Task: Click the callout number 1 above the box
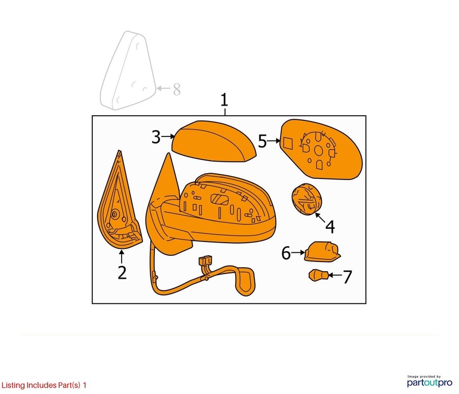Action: pyautogui.click(x=224, y=100)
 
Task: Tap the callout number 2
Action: pyautogui.click(x=122, y=272)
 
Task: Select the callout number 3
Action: pyautogui.click(x=156, y=136)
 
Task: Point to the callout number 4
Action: pyautogui.click(x=330, y=227)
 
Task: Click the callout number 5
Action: pyautogui.click(x=262, y=141)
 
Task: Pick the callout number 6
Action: pyautogui.click(x=286, y=253)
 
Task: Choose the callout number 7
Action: pyautogui.click(x=347, y=276)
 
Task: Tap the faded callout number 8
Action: pyautogui.click(x=177, y=89)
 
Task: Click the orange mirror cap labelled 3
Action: pyautogui.click(x=213, y=141)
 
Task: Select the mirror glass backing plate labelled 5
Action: pyautogui.click(x=321, y=149)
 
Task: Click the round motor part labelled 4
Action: pyautogui.click(x=306, y=199)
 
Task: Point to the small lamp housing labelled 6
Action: pyautogui.click(x=322, y=251)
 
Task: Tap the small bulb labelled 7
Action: pyautogui.click(x=318, y=275)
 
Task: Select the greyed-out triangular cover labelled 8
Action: pyautogui.click(x=127, y=71)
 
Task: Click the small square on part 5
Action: pyautogui.click(x=287, y=143)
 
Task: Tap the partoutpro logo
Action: pyautogui.click(x=429, y=381)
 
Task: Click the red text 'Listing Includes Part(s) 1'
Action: pyautogui.click(x=44, y=385)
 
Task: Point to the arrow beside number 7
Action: pyautogui.click(x=335, y=275)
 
